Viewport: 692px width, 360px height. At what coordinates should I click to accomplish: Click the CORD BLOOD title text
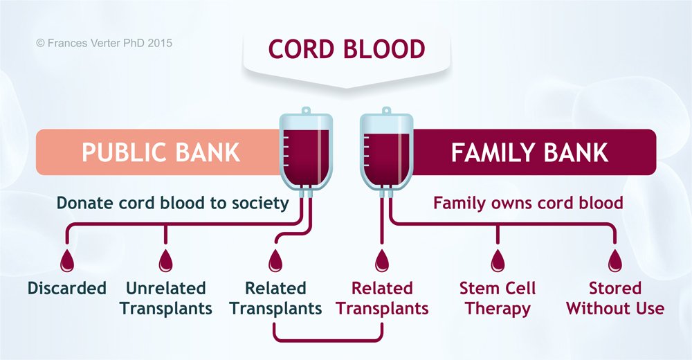pyautogui.click(x=346, y=51)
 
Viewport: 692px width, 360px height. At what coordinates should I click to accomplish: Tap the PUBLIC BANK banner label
pyautogui.click(x=161, y=152)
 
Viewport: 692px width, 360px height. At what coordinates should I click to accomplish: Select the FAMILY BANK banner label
pyautogui.click(x=529, y=152)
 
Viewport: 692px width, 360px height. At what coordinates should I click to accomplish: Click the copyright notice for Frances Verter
pyautogui.click(x=104, y=43)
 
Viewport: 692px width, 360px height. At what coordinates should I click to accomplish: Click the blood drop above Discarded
pyautogui.click(x=67, y=261)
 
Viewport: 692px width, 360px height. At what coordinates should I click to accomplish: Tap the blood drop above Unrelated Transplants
pyautogui.click(x=165, y=261)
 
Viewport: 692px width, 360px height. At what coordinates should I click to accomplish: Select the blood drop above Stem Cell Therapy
pyautogui.click(x=498, y=261)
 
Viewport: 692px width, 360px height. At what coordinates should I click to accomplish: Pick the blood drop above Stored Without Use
pyautogui.click(x=614, y=261)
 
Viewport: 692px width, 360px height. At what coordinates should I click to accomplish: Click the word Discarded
pyautogui.click(x=67, y=288)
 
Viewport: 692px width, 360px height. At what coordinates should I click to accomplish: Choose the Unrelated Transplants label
pyautogui.click(x=165, y=298)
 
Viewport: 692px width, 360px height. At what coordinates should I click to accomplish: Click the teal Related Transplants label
pyautogui.click(x=275, y=298)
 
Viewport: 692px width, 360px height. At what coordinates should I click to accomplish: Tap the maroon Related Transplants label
pyautogui.click(x=382, y=298)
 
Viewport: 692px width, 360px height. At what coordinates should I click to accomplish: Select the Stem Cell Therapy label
pyautogui.click(x=498, y=298)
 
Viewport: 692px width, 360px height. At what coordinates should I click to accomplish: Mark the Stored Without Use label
pyautogui.click(x=614, y=298)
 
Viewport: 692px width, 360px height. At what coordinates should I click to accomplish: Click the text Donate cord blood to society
pyautogui.click(x=172, y=203)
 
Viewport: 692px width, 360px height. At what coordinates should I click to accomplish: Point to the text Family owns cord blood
pyautogui.click(x=528, y=203)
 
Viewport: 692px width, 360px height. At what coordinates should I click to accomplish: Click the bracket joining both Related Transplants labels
pyautogui.click(x=329, y=339)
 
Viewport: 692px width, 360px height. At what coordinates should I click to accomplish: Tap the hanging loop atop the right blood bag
pyautogui.click(x=385, y=111)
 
